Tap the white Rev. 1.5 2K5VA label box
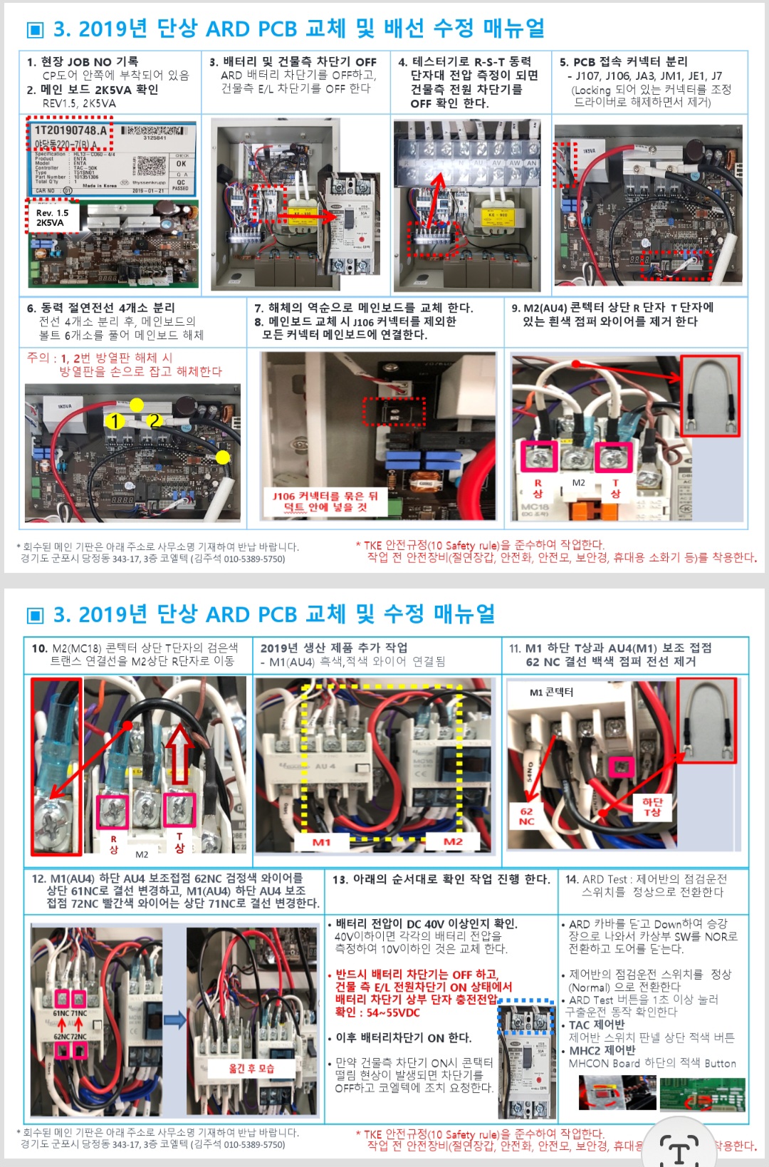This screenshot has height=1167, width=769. click(53, 218)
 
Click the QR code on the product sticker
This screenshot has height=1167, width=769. click(150, 165)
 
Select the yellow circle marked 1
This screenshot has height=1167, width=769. click(114, 422)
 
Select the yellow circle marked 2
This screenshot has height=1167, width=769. click(154, 421)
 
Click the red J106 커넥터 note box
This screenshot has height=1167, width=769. click(325, 502)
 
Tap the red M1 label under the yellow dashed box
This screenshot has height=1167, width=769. click(321, 841)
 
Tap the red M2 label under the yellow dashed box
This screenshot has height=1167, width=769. click(453, 841)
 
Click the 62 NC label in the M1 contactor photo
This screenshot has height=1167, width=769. click(526, 816)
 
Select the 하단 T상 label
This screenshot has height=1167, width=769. click(652, 806)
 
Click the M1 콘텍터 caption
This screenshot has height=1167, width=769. click(551, 692)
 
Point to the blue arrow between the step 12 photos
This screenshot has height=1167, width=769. click(174, 1020)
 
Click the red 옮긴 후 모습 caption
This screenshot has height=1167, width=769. click(251, 1068)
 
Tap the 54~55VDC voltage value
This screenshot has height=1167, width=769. click(393, 1012)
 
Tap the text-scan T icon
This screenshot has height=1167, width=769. click(679, 1148)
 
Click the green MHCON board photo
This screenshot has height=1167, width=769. click(702, 1094)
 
